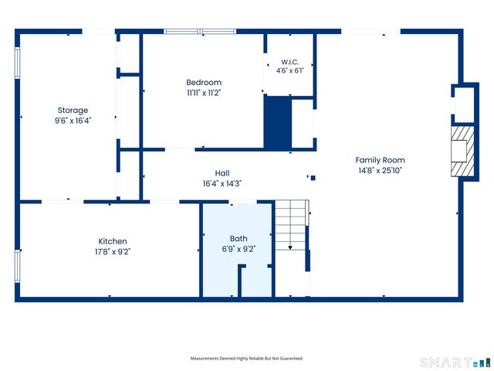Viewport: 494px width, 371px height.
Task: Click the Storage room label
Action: pyautogui.click(x=73, y=111)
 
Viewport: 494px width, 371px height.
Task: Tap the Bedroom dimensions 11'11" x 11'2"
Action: pyautogui.click(x=204, y=93)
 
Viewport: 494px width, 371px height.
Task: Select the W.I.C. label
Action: pyautogui.click(x=290, y=62)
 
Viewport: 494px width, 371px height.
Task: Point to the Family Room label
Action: pyautogui.click(x=380, y=160)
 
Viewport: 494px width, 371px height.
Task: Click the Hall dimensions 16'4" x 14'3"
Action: pyautogui.click(x=222, y=184)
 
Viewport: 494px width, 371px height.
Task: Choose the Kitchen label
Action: pyautogui.click(x=113, y=241)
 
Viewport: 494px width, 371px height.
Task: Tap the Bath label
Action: pyautogui.click(x=239, y=239)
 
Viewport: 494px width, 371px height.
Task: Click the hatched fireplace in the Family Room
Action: pyautogui.click(x=462, y=151)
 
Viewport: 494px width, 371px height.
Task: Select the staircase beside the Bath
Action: pyautogui.click(x=291, y=225)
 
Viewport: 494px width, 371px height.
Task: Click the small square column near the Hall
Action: pyautogui.click(x=313, y=178)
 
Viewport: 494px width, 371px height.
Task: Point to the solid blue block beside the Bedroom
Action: pyautogui.click(x=278, y=123)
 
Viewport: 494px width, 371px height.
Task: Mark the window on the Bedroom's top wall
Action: pyautogui.click(x=200, y=31)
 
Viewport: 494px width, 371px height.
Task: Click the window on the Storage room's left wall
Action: pyautogui.click(x=17, y=63)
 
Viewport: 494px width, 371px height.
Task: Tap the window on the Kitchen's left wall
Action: pyautogui.click(x=17, y=266)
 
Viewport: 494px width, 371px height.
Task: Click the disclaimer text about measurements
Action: pyautogui.click(x=247, y=359)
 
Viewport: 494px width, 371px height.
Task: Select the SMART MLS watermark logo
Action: pyautogui.click(x=455, y=362)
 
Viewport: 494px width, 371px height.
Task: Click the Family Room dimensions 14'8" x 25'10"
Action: pyautogui.click(x=381, y=171)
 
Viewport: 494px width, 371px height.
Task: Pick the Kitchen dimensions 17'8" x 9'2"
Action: pyautogui.click(x=113, y=252)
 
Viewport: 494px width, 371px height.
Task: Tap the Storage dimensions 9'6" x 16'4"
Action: pyautogui.click(x=73, y=121)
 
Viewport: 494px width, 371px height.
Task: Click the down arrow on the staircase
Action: pyautogui.click(x=290, y=247)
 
